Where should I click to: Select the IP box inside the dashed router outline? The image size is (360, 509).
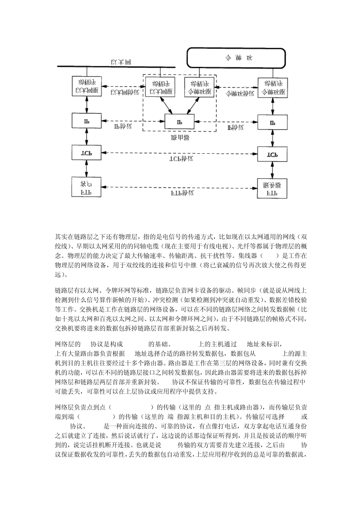(x=179, y=122)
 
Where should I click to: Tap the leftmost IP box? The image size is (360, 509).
(x=87, y=121)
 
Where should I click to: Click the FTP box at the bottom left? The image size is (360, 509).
(x=87, y=187)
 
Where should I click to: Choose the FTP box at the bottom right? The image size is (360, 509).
(x=272, y=188)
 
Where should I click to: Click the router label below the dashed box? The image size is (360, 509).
(x=180, y=137)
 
